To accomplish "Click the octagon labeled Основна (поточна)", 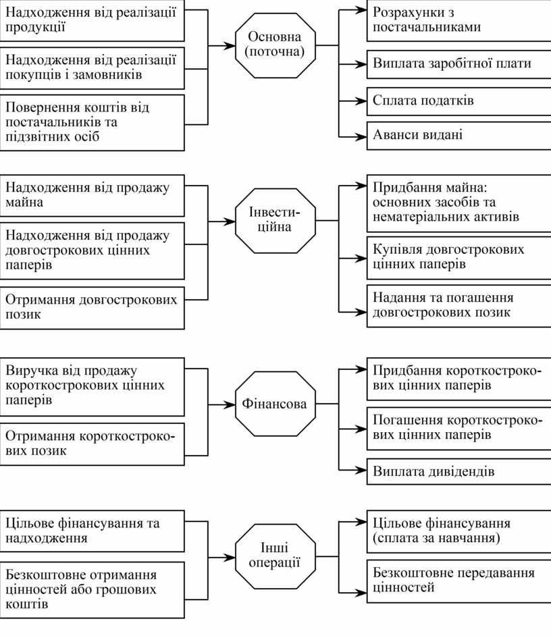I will (x=275, y=45).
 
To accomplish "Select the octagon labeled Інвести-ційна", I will (x=275, y=220).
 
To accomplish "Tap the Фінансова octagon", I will (x=275, y=404).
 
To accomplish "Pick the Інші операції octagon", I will (x=275, y=556).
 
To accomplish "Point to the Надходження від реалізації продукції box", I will (x=93, y=20).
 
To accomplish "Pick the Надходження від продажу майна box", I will (x=93, y=195).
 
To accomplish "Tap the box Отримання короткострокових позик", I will (x=93, y=444).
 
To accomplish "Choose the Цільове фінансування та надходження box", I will (x=93, y=530).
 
